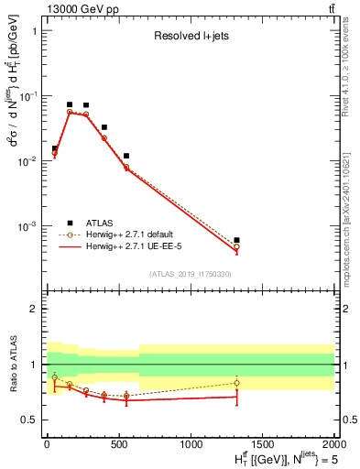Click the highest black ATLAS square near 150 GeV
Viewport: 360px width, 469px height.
70,104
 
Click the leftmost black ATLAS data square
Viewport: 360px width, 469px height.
54,148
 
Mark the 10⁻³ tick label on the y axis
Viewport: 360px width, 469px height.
27,225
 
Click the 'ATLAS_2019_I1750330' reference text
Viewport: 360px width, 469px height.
191,274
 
